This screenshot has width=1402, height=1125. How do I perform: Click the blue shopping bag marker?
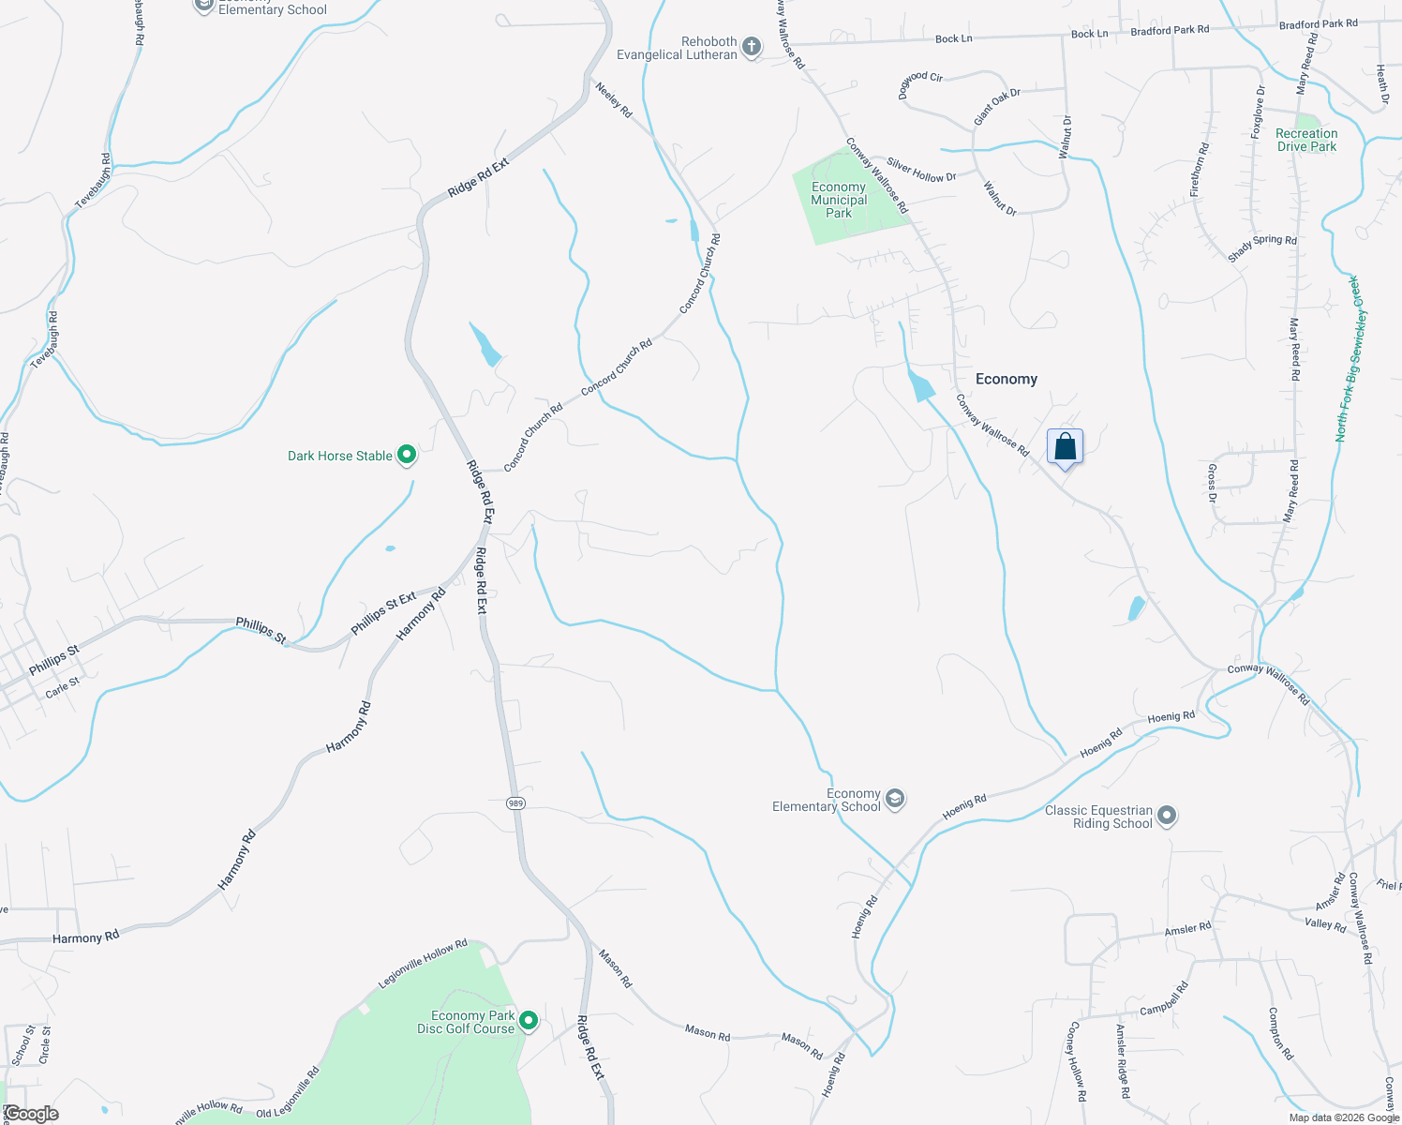(1065, 446)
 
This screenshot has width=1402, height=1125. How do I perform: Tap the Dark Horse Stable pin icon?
(407, 456)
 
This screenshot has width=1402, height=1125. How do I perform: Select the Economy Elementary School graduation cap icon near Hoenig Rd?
(894, 800)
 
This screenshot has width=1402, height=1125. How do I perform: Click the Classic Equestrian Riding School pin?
(1166, 817)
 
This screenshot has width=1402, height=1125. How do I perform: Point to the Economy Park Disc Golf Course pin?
(529, 1021)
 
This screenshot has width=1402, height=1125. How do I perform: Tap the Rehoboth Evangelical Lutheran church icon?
(752, 47)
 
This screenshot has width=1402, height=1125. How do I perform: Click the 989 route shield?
(515, 803)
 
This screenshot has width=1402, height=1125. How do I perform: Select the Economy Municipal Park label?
(839, 200)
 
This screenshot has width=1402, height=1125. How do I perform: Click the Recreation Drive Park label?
(1306, 140)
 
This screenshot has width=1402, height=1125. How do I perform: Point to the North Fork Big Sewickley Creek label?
(1351, 359)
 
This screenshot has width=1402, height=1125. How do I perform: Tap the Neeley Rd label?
(614, 99)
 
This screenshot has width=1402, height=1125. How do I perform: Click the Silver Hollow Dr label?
(921, 170)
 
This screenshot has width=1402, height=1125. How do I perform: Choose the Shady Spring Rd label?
(1261, 247)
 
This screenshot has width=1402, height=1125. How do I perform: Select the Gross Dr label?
(1212, 483)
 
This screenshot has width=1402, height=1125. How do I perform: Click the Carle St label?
(63, 689)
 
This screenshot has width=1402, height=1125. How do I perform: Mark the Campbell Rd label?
(1164, 999)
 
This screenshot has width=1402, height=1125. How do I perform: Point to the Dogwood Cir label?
(920, 83)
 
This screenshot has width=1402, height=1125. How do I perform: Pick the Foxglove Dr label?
(1258, 112)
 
